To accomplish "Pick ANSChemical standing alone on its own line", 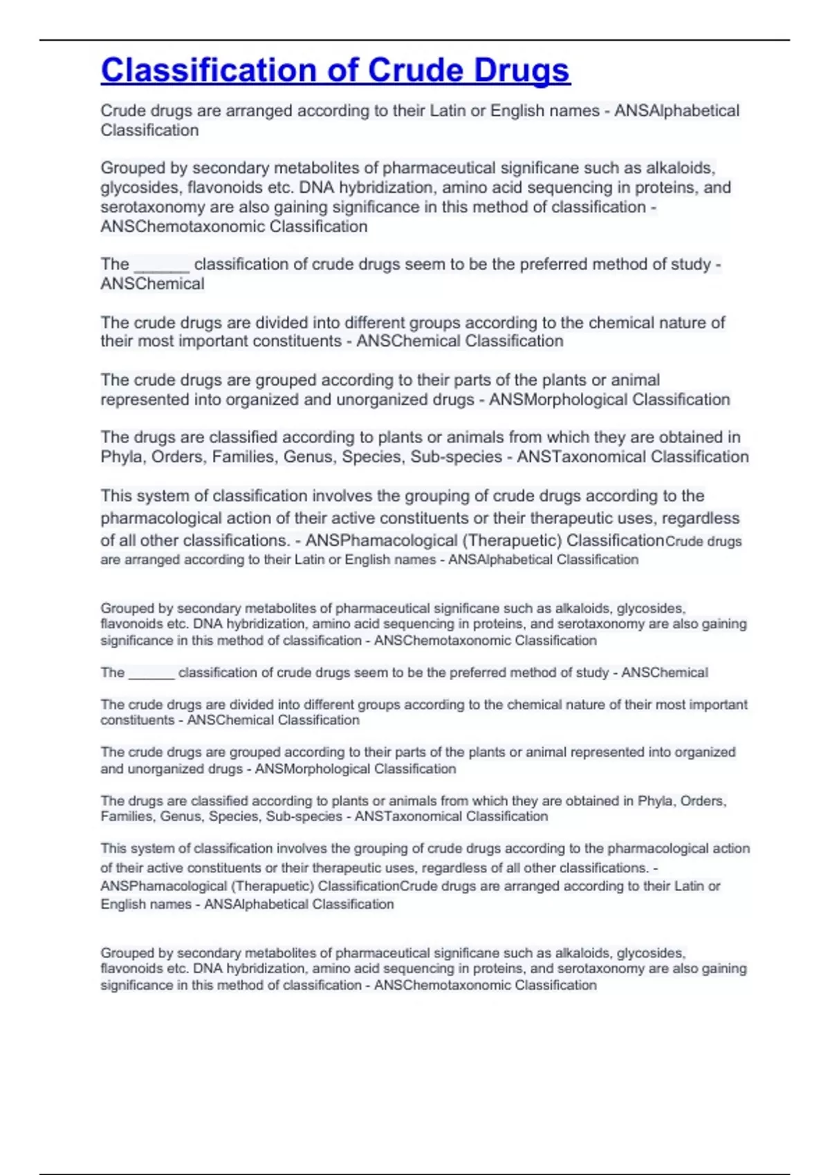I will [x=152, y=284].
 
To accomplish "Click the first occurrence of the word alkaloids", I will [x=679, y=168].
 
